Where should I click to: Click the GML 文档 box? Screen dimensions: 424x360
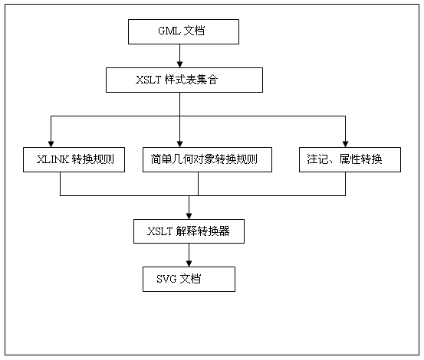pos(183,31)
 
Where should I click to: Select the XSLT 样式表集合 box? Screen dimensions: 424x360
pos(184,80)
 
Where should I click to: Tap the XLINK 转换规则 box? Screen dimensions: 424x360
pos(74,159)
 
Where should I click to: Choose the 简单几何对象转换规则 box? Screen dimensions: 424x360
pos(207,159)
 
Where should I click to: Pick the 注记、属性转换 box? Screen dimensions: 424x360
pos(350,159)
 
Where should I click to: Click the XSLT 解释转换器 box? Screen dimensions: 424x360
pos(189,231)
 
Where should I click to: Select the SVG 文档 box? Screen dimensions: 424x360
pos(189,279)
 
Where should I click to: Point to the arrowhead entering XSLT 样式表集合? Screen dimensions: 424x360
pos(180,64)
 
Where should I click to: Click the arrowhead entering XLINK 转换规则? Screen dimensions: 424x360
pos(51,144)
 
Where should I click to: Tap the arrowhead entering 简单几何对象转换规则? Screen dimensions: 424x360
pos(180,144)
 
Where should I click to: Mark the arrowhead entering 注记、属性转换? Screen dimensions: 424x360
pos(345,144)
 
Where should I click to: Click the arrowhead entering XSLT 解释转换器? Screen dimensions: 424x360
pos(189,216)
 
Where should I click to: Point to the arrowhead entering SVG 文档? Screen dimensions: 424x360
pos(189,263)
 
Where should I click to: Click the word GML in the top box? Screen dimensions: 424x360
pos(169,31)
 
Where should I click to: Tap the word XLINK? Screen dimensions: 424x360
pos(53,159)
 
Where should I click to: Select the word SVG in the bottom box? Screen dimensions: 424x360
pos(166,279)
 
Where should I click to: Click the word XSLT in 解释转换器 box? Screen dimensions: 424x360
pos(159,231)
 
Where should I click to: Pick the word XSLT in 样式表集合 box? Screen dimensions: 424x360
pos(148,80)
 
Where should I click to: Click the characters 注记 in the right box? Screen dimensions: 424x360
pos(317,159)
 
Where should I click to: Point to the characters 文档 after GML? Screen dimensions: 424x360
pos(194,31)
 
